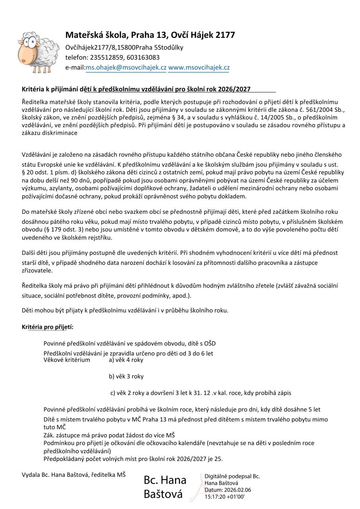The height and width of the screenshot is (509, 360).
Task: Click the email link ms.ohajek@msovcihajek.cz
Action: [126, 68]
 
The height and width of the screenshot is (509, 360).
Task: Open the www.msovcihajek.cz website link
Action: [199, 68]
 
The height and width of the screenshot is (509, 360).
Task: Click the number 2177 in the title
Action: [225, 35]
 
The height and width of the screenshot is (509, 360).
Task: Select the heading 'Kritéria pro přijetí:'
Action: [48, 327]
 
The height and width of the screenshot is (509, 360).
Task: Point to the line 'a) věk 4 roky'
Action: [126, 360]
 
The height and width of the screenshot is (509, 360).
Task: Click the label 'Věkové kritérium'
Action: [67, 360]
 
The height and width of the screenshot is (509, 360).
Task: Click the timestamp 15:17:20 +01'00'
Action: [224, 497]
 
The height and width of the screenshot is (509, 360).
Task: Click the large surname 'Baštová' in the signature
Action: [163, 494]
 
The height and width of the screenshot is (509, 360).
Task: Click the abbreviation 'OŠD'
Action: [210, 344]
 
